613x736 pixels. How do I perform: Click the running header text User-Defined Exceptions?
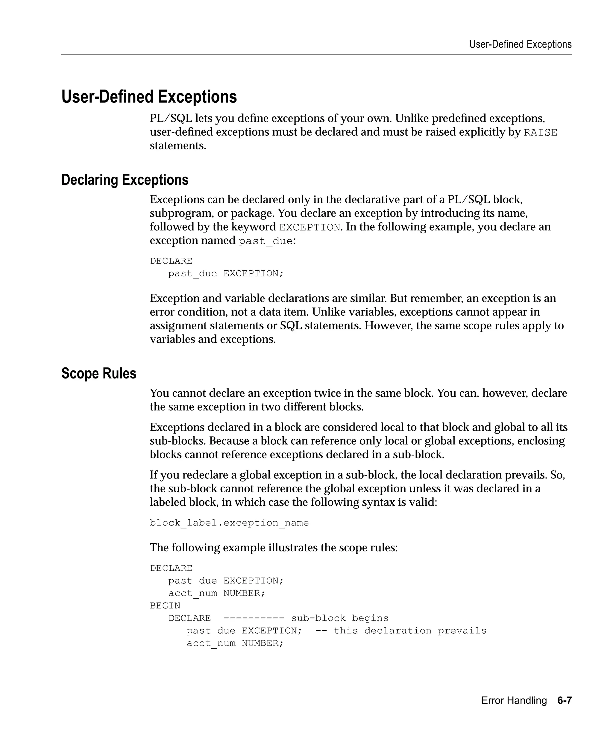pyautogui.click(x=520, y=45)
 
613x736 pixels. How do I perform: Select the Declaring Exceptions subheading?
pyautogui.click(x=125, y=180)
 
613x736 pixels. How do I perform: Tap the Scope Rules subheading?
pyautogui.click(x=98, y=373)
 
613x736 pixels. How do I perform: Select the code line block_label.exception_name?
pyautogui.click(x=229, y=523)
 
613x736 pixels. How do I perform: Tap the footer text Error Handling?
pyautogui.click(x=514, y=700)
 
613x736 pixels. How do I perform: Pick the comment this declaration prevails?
pyautogui.click(x=410, y=631)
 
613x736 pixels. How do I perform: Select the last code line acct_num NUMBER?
pyautogui.click(x=235, y=643)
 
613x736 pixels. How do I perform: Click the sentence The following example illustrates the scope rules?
pyautogui.click(x=274, y=547)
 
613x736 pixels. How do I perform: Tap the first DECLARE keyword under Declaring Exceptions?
pyautogui.click(x=171, y=261)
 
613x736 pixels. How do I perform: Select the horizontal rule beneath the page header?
pyautogui.click(x=316, y=55)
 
